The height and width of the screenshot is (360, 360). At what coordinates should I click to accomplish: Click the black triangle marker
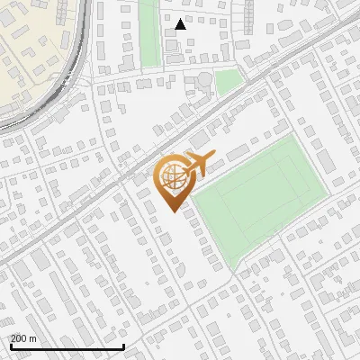click(181, 24)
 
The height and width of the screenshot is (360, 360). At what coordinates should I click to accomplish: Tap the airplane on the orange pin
click(197, 163)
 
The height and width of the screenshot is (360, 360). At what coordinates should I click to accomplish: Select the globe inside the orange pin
click(172, 179)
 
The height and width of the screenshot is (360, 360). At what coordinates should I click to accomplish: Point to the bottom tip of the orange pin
click(174, 211)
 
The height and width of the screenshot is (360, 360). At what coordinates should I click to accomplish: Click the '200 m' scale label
click(24, 338)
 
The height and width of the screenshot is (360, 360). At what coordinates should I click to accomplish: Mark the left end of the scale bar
click(10, 346)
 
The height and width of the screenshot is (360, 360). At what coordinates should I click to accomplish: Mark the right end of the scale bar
click(123, 346)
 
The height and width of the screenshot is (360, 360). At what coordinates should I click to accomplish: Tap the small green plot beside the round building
click(229, 81)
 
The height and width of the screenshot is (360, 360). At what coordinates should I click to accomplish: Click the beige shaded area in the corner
click(27, 45)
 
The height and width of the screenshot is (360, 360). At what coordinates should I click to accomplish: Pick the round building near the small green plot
click(206, 80)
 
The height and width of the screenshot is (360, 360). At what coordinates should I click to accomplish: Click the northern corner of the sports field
click(293, 136)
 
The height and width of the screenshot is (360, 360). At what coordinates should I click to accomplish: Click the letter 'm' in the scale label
click(33, 338)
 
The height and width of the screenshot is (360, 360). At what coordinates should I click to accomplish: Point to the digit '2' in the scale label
click(13, 338)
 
